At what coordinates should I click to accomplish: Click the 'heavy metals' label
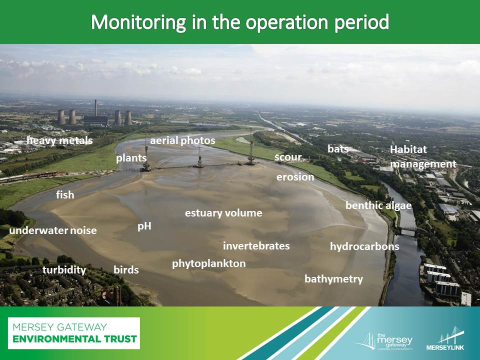[59, 140]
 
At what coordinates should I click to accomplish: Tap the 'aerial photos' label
[182, 141]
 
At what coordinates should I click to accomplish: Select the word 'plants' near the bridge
[131, 158]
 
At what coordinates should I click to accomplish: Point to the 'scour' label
[288, 157]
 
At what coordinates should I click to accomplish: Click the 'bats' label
[338, 149]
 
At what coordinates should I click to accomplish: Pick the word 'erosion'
[295, 177]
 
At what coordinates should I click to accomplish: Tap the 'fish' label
[65, 194]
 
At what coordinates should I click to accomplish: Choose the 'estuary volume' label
[223, 213]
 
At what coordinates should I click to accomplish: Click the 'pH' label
[144, 226]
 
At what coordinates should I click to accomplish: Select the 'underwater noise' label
[53, 230]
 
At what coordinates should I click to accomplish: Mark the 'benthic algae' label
[378, 205]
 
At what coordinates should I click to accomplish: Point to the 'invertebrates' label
[256, 246]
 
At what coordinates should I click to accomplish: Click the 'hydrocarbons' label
[364, 246]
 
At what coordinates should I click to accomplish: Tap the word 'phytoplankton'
[209, 264]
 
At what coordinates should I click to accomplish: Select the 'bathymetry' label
[333, 279]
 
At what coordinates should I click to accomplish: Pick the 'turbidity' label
[64, 270]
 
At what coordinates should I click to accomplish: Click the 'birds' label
[126, 269]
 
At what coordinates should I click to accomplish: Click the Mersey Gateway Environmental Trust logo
[74, 333]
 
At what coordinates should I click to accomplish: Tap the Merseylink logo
[445, 339]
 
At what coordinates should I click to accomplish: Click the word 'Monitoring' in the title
[138, 22]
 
